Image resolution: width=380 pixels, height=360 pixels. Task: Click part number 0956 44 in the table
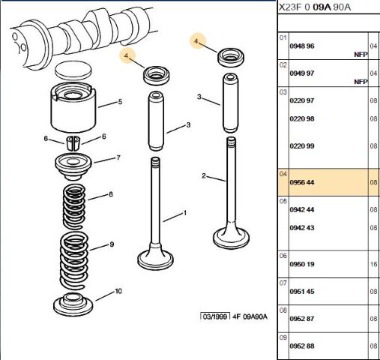click(x=302, y=182)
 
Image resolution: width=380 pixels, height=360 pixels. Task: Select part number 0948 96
click(x=302, y=46)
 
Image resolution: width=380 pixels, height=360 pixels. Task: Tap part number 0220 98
click(x=302, y=118)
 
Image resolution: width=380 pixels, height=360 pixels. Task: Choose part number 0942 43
click(x=302, y=228)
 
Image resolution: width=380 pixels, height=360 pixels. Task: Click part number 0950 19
click(x=302, y=264)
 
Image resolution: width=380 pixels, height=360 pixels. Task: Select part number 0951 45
click(x=302, y=292)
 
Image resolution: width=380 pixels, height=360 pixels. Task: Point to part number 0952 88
click(x=302, y=346)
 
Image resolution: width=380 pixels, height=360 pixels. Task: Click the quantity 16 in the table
click(x=373, y=264)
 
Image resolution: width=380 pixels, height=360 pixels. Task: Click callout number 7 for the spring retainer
click(x=118, y=158)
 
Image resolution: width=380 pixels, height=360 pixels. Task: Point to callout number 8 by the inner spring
click(x=111, y=195)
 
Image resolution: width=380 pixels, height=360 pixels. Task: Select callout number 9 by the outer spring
click(x=112, y=244)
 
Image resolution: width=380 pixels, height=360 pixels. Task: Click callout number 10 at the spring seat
click(x=118, y=292)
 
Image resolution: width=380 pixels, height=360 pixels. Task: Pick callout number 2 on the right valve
click(x=203, y=175)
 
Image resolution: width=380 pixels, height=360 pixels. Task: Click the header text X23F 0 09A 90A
click(x=314, y=7)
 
